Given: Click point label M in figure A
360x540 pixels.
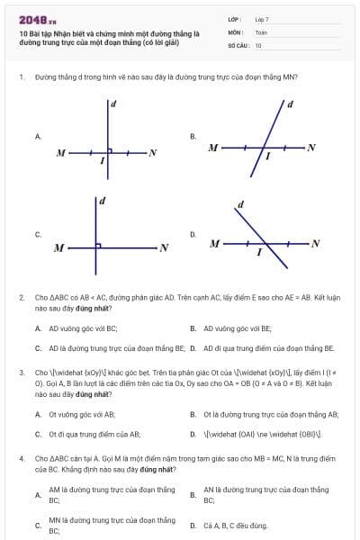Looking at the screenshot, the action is (x=60, y=153).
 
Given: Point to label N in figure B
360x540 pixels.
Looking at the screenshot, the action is (x=311, y=147).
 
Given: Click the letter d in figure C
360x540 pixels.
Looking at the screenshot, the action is (x=102, y=200).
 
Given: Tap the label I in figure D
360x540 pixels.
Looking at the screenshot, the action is (x=259, y=253).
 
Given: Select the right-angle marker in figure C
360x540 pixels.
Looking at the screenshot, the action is (x=98, y=243).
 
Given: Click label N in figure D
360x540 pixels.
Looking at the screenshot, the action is (x=315, y=244).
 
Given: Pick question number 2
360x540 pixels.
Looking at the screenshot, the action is (x=21, y=296).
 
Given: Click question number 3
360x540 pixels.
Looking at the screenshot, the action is (x=21, y=371).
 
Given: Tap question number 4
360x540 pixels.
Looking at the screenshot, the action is (x=21, y=457).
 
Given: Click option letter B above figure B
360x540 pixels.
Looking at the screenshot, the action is (x=193, y=136).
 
